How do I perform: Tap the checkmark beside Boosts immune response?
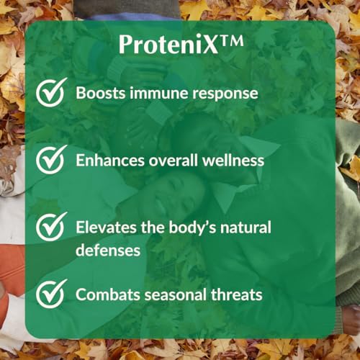pos(53,94)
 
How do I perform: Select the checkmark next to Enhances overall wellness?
pos(53,159)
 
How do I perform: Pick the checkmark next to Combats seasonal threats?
pos(53,294)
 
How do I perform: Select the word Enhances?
pos(108,160)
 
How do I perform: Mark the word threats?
pos(234,294)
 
